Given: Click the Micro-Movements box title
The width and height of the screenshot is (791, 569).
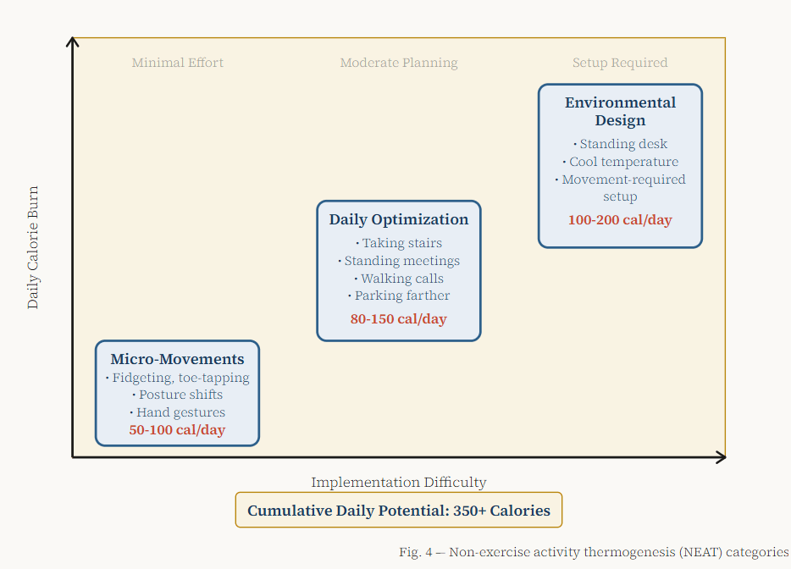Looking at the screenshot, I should click(177, 359).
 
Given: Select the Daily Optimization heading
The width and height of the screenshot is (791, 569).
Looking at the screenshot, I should click(398, 219).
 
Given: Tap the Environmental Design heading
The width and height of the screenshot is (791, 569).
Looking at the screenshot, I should click(620, 111).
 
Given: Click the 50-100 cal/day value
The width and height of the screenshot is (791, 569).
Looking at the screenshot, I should click(177, 430).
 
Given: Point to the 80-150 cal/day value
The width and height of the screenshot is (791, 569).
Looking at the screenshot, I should click(398, 319).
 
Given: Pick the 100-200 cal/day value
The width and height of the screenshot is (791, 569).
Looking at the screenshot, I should click(620, 220).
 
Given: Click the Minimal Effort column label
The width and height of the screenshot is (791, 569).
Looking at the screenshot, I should click(178, 63).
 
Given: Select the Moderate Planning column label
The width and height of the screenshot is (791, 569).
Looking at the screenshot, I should click(399, 63).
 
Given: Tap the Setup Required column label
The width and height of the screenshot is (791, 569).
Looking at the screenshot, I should click(620, 63).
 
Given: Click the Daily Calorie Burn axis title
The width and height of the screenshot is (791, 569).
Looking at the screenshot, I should click(33, 247).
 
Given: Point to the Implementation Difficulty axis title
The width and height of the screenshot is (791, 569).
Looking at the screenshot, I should click(398, 483).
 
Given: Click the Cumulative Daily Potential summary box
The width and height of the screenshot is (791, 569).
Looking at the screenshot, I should click(398, 511).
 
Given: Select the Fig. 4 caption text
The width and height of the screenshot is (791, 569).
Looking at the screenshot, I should click(594, 552).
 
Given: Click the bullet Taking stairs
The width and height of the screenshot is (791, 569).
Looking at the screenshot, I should click(399, 243).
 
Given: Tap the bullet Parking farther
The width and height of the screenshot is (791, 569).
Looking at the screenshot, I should click(399, 296).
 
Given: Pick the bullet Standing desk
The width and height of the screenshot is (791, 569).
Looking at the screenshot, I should click(621, 144).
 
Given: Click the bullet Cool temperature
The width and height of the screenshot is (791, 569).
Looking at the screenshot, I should click(621, 162).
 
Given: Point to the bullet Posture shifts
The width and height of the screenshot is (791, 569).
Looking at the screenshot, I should click(178, 395).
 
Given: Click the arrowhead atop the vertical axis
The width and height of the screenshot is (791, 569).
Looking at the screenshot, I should click(74, 42).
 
